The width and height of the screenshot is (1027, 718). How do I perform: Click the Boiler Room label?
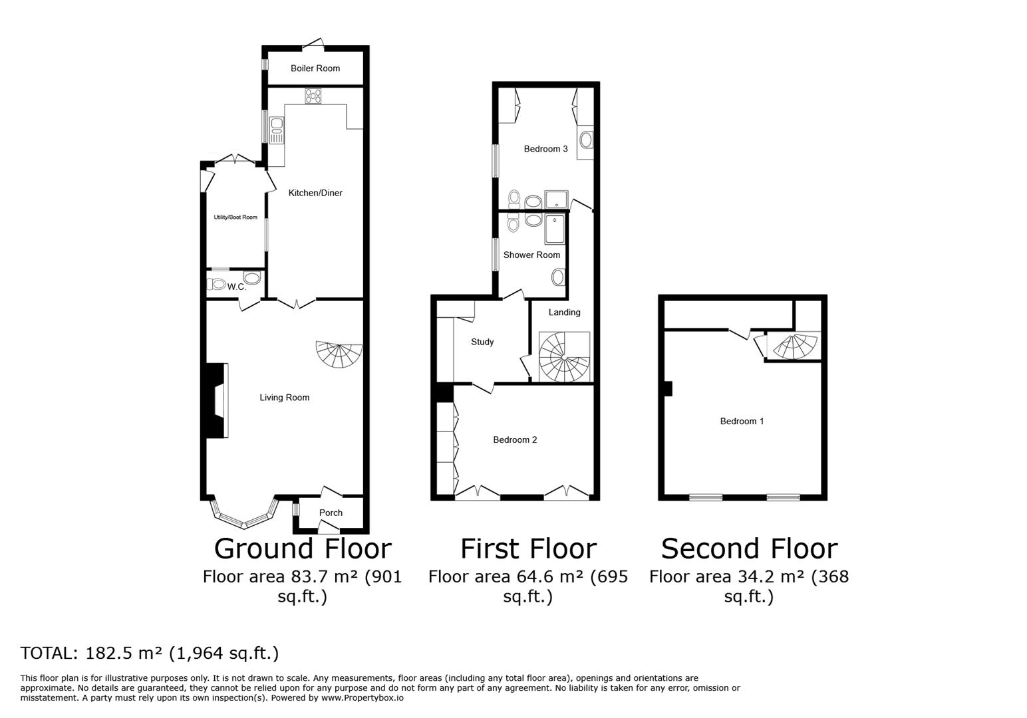pyautogui.click(x=315, y=68)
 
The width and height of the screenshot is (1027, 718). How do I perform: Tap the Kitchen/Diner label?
pyautogui.click(x=315, y=193)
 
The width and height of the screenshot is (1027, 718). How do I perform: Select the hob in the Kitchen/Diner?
pyautogui.click(x=313, y=96)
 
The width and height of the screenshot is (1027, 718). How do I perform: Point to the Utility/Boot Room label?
pyautogui.click(x=235, y=217)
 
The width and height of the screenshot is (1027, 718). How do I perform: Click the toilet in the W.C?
pyautogui.click(x=218, y=285)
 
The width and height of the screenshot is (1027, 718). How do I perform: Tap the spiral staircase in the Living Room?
pyautogui.click(x=340, y=354)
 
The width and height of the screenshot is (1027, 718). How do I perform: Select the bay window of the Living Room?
pyautogui.click(x=243, y=515)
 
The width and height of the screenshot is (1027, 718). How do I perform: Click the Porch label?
pyautogui.click(x=331, y=513)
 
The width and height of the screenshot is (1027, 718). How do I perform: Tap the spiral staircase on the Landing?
pyautogui.click(x=563, y=358)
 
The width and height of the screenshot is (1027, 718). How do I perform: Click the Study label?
pyautogui.click(x=482, y=342)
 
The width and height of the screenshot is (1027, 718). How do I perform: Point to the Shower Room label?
pyautogui.click(x=531, y=255)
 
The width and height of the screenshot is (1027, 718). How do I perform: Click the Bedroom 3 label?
pyautogui.click(x=545, y=149)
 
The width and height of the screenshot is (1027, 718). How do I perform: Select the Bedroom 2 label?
pyautogui.click(x=515, y=440)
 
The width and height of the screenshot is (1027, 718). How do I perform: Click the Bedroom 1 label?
pyautogui.click(x=742, y=421)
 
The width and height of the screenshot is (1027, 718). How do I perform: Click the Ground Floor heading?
pyautogui.click(x=303, y=549)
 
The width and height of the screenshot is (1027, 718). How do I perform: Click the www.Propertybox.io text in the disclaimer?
pyautogui.click(x=363, y=698)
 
